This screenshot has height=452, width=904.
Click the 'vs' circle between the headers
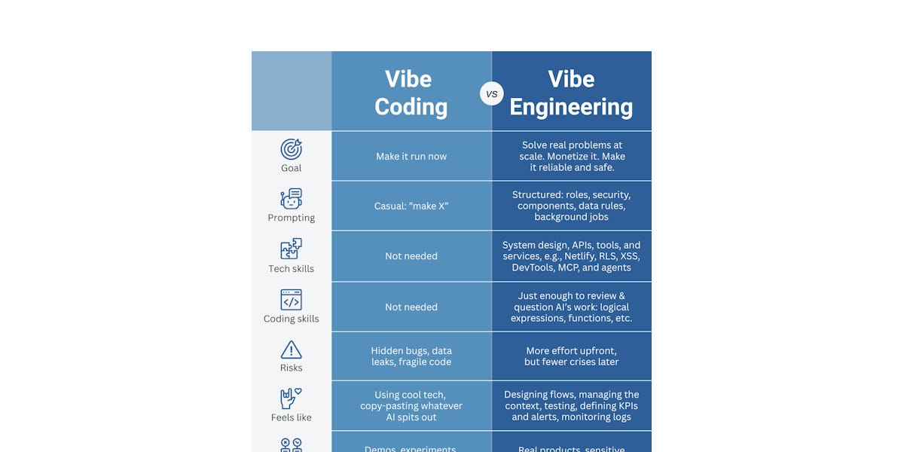(x=492, y=93)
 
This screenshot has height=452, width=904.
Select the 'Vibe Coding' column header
(x=411, y=93)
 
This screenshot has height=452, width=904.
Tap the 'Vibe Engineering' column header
(x=571, y=93)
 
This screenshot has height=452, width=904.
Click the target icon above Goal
(x=291, y=148)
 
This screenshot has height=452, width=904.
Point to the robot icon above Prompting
(x=291, y=199)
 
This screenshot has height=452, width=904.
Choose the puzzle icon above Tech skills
(x=291, y=249)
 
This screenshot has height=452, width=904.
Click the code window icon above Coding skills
(x=291, y=300)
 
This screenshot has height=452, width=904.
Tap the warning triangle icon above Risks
(x=291, y=350)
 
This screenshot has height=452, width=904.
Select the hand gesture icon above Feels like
(x=291, y=399)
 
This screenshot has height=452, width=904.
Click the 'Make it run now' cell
(x=411, y=157)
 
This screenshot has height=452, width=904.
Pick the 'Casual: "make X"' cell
(x=411, y=206)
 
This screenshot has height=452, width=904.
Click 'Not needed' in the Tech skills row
(x=411, y=256)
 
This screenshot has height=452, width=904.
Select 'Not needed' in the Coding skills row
(x=411, y=307)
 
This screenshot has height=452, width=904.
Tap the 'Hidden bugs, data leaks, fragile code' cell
(x=411, y=356)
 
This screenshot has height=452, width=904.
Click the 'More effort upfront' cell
(x=571, y=356)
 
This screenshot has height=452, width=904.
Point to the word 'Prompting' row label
(x=291, y=218)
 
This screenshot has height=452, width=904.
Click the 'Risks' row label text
(x=291, y=368)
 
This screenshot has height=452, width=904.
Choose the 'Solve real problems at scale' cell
(x=571, y=156)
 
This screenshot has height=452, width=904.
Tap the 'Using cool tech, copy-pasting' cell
(x=411, y=406)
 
